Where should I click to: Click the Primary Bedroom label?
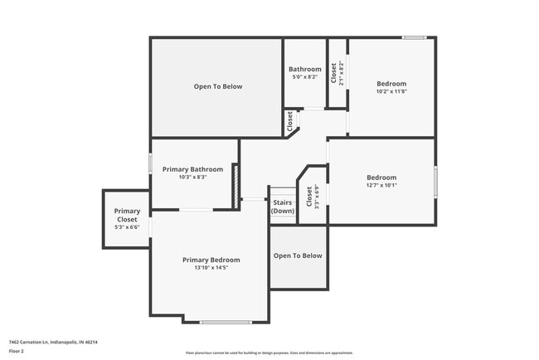[x=211, y=260]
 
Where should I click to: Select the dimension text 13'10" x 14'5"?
[x=211, y=268]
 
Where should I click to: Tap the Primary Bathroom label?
[x=192, y=169]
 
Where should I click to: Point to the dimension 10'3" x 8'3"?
[x=192, y=177]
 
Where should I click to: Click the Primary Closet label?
[x=127, y=215]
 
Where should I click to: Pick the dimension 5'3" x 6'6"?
[x=127, y=226]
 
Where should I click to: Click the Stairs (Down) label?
[x=283, y=206]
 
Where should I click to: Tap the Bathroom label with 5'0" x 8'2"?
[x=304, y=69]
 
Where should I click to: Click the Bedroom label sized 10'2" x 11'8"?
[x=391, y=84]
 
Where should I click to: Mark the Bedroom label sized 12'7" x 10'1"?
[x=381, y=178]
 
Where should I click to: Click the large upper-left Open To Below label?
[x=217, y=86]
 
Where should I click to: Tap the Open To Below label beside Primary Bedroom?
[x=298, y=255]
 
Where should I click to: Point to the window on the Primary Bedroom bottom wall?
[x=225, y=322]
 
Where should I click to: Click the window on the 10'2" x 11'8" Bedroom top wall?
[x=414, y=37]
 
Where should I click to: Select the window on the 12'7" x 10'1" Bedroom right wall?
[x=435, y=182]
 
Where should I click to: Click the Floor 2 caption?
[x=17, y=351]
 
